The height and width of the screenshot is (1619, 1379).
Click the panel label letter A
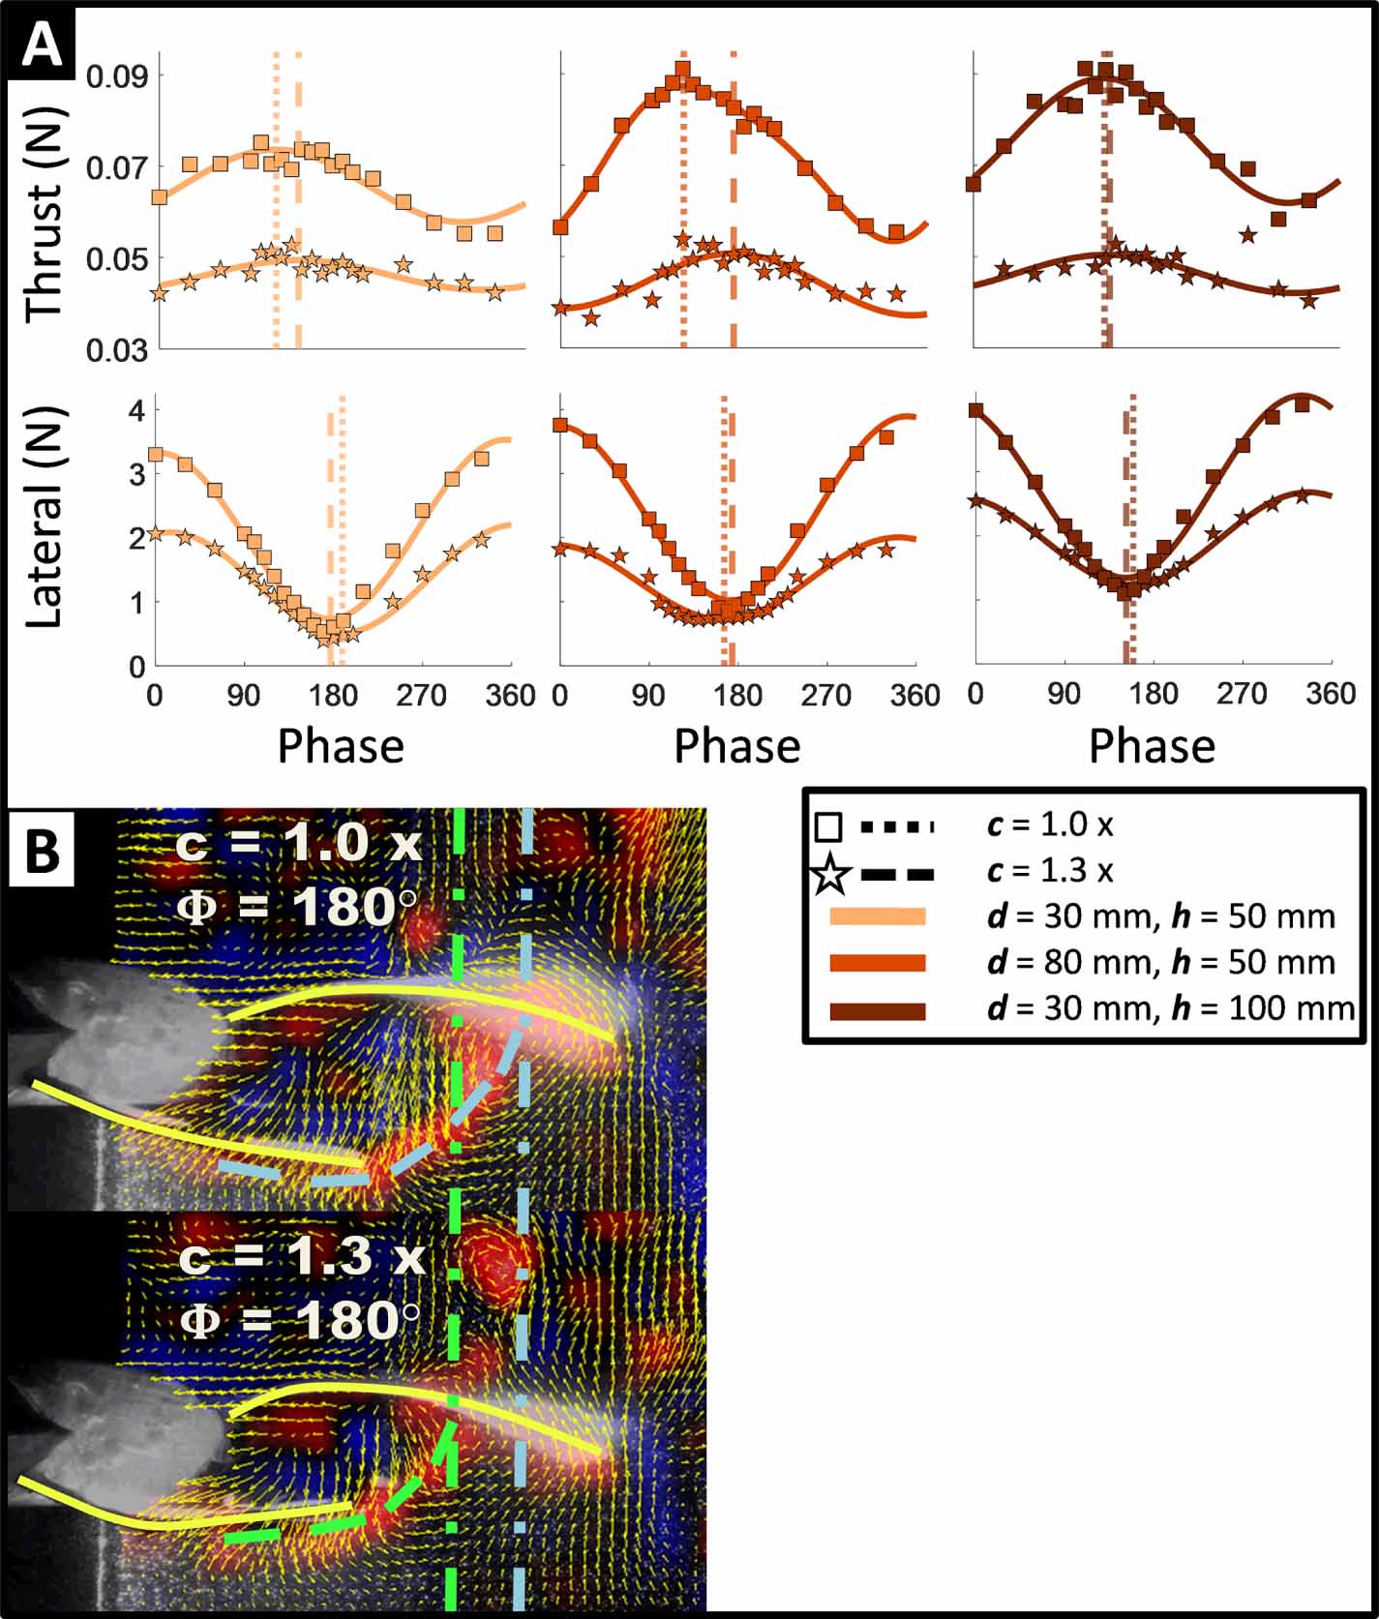click(x=41, y=45)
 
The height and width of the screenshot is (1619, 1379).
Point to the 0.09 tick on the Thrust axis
click(x=117, y=76)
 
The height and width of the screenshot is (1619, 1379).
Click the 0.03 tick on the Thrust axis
click(x=117, y=350)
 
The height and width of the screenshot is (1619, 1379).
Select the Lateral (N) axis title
click(x=45, y=517)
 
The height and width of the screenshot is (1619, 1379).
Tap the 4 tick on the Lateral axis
click(x=135, y=409)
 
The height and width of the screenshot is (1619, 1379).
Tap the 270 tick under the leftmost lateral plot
click(x=422, y=696)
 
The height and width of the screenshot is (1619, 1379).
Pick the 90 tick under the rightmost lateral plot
click(x=1064, y=694)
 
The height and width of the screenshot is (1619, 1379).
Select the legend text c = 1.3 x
click(x=1050, y=871)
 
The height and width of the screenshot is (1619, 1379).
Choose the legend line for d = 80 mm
click(x=878, y=963)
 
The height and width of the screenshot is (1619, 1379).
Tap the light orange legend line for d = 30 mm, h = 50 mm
click(x=878, y=916)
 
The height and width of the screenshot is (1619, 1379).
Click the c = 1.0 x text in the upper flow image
click(x=299, y=843)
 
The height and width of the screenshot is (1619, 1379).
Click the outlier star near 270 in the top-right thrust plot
click(x=1247, y=234)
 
